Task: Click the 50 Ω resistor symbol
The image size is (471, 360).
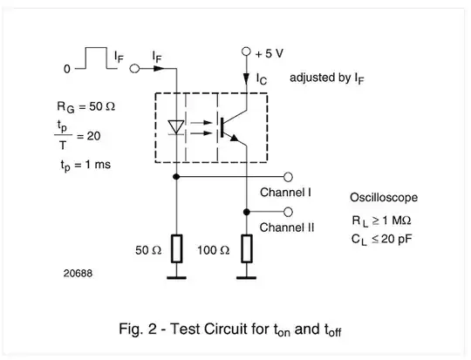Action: click(x=177, y=248)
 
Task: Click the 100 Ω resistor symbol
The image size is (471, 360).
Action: click(x=248, y=248)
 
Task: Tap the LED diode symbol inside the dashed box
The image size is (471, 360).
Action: click(x=176, y=126)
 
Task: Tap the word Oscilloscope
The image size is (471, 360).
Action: click(x=384, y=198)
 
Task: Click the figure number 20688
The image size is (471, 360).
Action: click(x=78, y=272)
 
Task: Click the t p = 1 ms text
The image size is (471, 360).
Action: click(x=85, y=163)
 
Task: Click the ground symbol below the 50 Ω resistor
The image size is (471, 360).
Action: click(x=177, y=278)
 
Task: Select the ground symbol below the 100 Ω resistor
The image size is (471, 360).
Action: click(x=248, y=278)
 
